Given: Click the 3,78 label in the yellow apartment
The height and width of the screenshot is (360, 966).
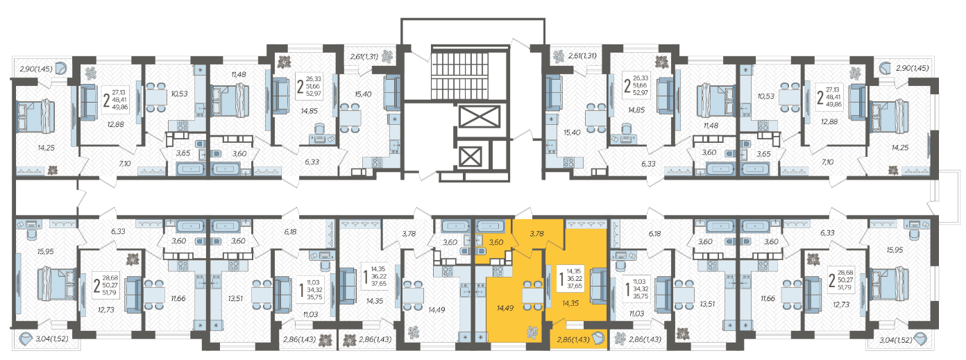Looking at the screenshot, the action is (536, 234).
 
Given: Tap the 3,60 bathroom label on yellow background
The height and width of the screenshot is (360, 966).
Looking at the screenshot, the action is (496, 242).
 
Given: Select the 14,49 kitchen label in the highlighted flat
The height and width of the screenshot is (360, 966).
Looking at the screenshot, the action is (505, 308).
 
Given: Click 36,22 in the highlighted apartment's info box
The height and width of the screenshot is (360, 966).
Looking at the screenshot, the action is (575, 279).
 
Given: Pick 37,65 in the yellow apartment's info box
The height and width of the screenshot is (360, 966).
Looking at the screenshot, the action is (575, 286).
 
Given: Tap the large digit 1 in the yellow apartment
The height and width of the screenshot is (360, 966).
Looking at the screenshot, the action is (561, 279).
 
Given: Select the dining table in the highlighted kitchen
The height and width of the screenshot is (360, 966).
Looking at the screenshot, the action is (532, 295).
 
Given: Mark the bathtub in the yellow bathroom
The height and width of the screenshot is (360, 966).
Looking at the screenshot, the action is (490, 226).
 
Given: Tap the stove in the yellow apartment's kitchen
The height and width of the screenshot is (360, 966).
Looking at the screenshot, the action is (498, 272).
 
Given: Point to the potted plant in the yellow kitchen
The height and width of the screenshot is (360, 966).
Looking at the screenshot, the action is (532, 331).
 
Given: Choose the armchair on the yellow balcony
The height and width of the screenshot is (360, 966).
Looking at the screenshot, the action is (598, 338).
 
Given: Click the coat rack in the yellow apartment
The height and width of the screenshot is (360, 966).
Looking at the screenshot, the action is (586, 224).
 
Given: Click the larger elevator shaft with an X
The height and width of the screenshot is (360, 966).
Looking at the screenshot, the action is (479, 117).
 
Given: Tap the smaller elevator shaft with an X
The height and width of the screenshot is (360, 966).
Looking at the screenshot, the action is (470, 157).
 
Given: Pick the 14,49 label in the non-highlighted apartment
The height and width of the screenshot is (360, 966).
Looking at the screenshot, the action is (437, 309).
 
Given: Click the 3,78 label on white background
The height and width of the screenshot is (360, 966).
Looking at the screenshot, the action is (409, 234).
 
